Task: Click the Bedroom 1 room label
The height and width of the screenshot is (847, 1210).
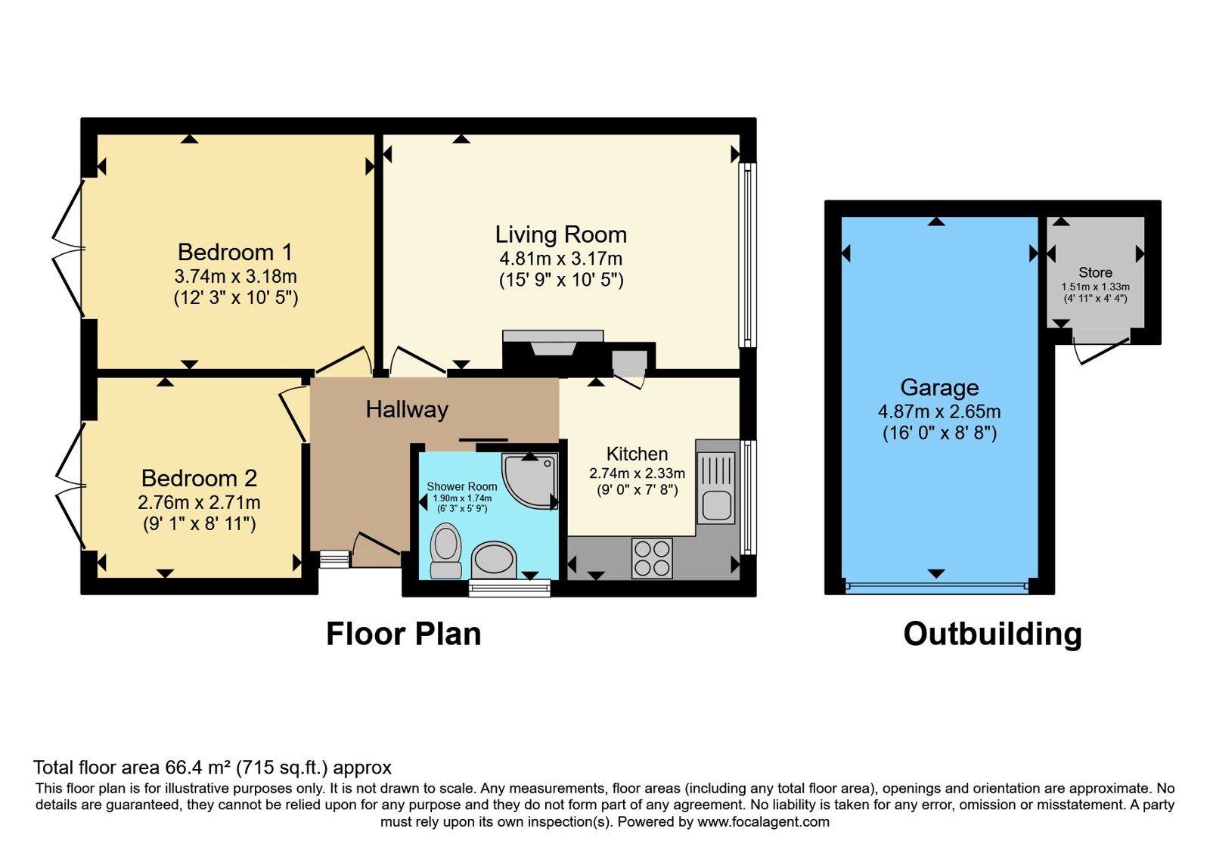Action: pyautogui.click(x=235, y=253)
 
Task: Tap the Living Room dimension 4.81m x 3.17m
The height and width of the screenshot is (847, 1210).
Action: pyautogui.click(x=560, y=259)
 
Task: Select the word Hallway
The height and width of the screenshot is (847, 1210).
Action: pyautogui.click(x=407, y=409)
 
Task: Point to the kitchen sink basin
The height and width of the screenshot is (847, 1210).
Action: pyautogui.click(x=717, y=506)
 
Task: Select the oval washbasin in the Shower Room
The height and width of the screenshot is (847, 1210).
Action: pyautogui.click(x=494, y=560)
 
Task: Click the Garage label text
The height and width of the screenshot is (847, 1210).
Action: pyautogui.click(x=939, y=388)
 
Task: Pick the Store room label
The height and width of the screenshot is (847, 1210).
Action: pyautogui.click(x=1095, y=273)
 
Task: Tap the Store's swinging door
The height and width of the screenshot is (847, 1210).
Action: pyautogui.click(x=1102, y=352)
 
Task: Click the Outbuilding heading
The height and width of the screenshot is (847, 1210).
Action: pyautogui.click(x=992, y=634)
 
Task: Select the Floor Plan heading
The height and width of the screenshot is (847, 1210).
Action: pyautogui.click(x=404, y=634)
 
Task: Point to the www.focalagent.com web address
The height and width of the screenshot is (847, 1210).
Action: pyautogui.click(x=763, y=822)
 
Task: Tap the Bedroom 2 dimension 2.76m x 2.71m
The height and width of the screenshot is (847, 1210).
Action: pyautogui.click(x=199, y=503)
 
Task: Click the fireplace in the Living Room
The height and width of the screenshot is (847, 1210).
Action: pyautogui.click(x=553, y=343)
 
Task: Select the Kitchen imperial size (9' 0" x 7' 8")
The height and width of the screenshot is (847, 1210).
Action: pyautogui.click(x=637, y=491)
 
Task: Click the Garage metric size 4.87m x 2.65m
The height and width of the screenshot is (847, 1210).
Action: pyautogui.click(x=939, y=411)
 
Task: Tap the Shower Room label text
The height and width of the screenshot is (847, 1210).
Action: pyautogui.click(x=462, y=487)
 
